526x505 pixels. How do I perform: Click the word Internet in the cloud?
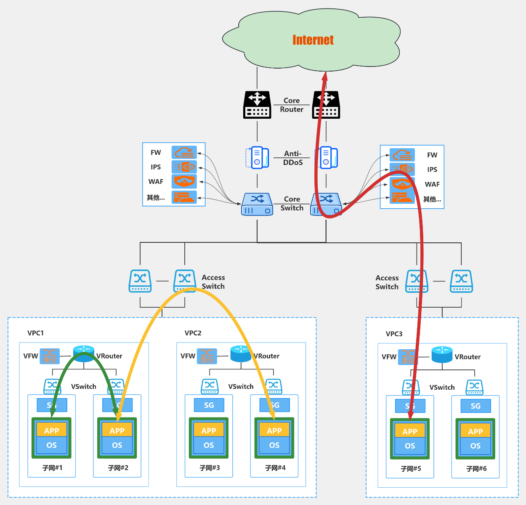pyautogui.click(x=313, y=40)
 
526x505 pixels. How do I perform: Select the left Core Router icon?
pyautogui.click(x=257, y=105)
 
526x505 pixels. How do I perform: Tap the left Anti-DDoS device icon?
pyautogui.click(x=257, y=157)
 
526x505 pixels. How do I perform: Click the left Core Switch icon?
pyautogui.click(x=257, y=204)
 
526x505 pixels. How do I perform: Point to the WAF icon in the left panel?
pyautogui.click(x=184, y=181)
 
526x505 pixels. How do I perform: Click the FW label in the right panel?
pyautogui.click(x=432, y=155)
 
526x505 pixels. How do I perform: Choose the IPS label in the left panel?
pyautogui.click(x=156, y=167)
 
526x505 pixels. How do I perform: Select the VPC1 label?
pyautogui.click(x=36, y=333)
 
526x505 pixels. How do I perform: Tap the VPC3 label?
pyautogui.click(x=394, y=334)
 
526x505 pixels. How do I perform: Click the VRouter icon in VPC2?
pyautogui.click(x=241, y=354)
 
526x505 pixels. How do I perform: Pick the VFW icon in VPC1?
pyautogui.click(x=50, y=356)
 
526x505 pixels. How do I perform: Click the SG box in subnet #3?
pyautogui.click(x=209, y=405)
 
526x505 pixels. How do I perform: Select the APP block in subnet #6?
pyautogui.click(x=476, y=431)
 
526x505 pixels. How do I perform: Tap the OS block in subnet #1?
pyautogui.click(x=52, y=445)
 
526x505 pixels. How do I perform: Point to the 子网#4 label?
pyautogui.click(x=275, y=468)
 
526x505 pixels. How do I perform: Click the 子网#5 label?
pyautogui.click(x=411, y=468)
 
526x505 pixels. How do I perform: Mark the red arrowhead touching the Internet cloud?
pyautogui.click(x=325, y=77)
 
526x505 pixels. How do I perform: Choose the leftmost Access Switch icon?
pyautogui.click(x=140, y=281)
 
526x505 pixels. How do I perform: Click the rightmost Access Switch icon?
pyautogui.click(x=461, y=281)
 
